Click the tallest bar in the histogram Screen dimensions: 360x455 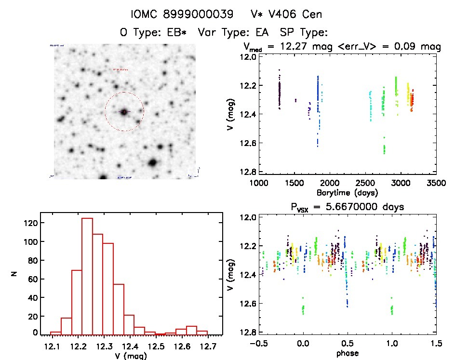coord(87,276)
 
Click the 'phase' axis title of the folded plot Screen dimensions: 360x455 coord(347,353)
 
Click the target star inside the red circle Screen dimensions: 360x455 coord(124,112)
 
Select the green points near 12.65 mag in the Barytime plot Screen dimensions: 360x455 coord(384,147)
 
